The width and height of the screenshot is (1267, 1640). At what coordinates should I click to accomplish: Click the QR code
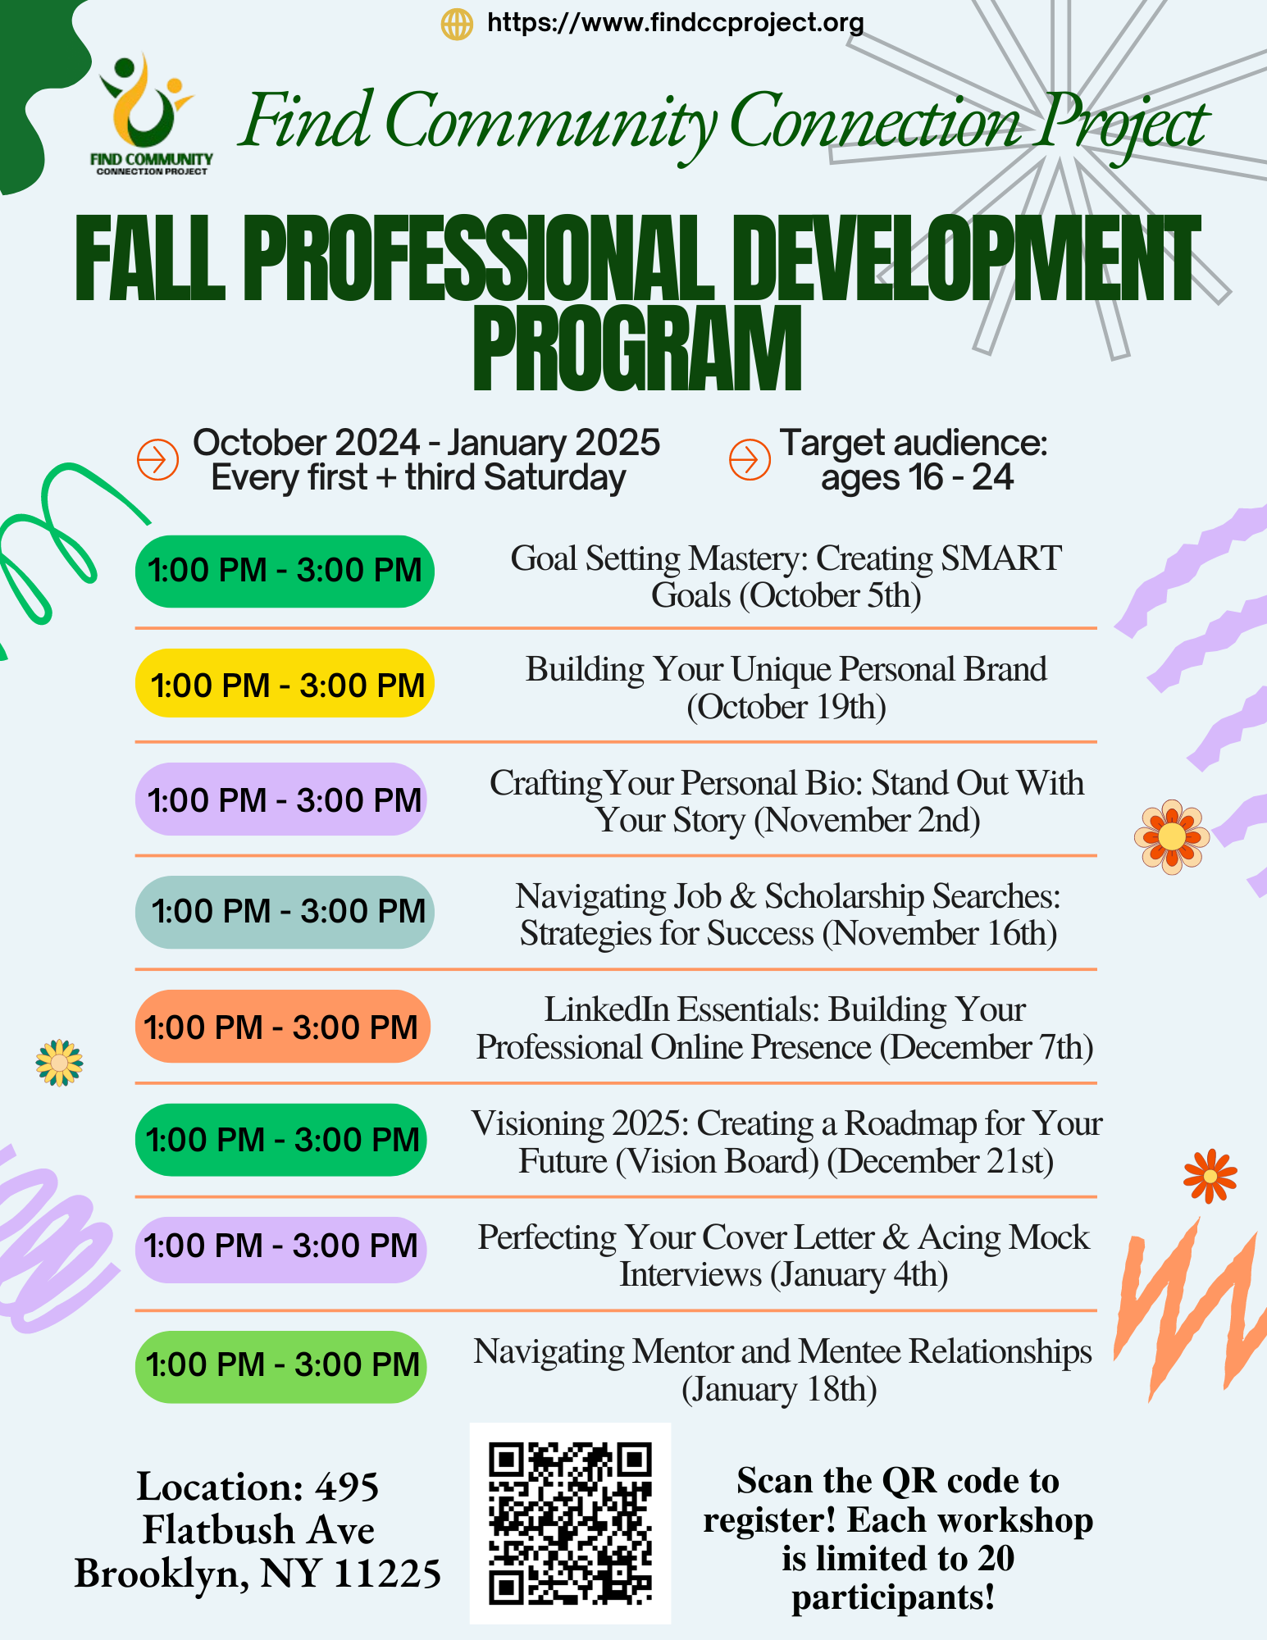[x=570, y=1523]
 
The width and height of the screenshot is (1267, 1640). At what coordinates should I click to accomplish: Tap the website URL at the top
[x=675, y=22]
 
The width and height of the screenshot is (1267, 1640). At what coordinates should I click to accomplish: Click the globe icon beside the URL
[x=457, y=24]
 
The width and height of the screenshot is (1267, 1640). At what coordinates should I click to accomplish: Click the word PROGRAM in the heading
[x=637, y=349]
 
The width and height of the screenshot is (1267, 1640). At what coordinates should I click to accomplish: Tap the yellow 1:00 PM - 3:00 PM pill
[x=285, y=684]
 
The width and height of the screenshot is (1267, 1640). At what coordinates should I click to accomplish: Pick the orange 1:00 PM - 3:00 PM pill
[x=282, y=1027]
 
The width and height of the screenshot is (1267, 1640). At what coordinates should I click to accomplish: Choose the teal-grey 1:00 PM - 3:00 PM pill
[x=285, y=912]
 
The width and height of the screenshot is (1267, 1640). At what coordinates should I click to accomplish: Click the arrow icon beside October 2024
[x=157, y=459]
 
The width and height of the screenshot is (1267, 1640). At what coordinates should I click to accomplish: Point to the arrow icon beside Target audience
[x=750, y=459]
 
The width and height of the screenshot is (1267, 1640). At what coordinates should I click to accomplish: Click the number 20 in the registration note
[x=996, y=1559]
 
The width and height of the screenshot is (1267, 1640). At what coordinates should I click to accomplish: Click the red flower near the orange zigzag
[x=1210, y=1177]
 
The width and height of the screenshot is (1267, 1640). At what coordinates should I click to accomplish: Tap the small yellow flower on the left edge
[x=59, y=1063]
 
